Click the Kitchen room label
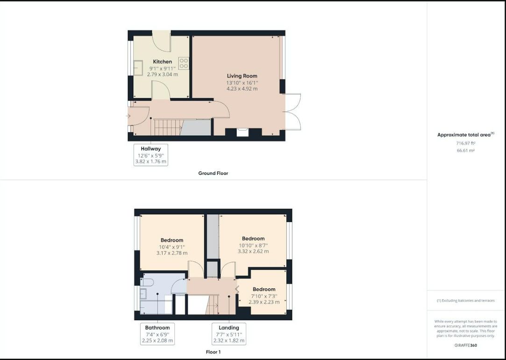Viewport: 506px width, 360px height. pos(162,62)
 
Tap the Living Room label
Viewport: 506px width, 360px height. pos(242,76)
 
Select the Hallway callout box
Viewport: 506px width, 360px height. pos(151,155)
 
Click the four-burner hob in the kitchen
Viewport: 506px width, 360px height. pos(184,63)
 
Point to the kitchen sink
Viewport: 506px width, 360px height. pos(138,68)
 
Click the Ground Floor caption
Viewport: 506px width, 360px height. pos(213,173)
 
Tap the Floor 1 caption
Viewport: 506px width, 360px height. pos(214,352)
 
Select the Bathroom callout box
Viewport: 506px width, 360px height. pos(157,334)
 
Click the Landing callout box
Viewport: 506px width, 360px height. pos(229,334)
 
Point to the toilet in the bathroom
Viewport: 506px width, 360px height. pos(147,282)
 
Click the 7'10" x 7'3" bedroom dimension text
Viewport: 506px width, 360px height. pos(264,296)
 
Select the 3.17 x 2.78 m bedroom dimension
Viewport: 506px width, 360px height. pos(171,253)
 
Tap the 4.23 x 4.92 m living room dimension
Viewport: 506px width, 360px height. pos(242,89)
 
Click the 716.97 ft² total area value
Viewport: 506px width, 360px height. pos(466,143)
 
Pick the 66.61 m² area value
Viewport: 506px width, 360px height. pos(466,151)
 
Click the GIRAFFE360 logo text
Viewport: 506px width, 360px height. pos(466,345)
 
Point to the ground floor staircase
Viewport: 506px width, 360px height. pos(167,127)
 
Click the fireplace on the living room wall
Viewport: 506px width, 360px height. pos(242,132)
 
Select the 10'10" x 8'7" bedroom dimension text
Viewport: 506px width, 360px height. pos(253,245)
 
